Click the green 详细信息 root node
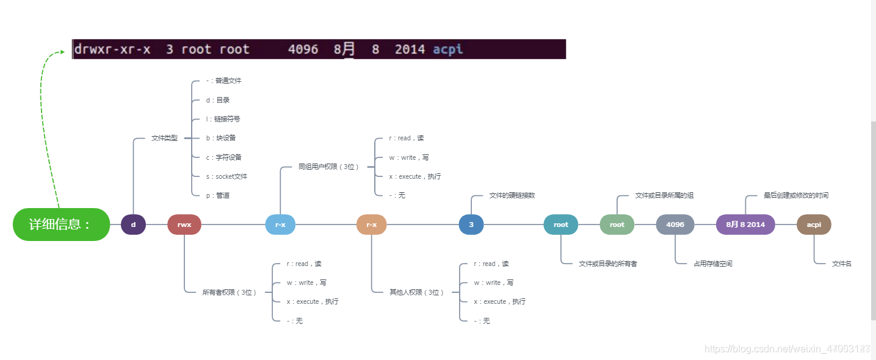(61, 225)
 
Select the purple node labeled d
(133, 225)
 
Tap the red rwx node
(184, 225)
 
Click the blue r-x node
(280, 225)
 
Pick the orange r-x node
(371, 225)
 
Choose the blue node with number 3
(471, 225)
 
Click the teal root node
(560, 225)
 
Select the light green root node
(617, 225)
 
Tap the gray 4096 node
(675, 225)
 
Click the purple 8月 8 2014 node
(745, 225)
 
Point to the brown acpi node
(814, 225)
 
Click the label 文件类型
(164, 139)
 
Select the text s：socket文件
(226, 177)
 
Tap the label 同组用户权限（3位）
(328, 167)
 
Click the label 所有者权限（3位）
(230, 292)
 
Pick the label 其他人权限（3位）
(416, 292)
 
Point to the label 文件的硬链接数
(512, 196)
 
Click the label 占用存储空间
(713, 264)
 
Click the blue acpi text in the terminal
(448, 49)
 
